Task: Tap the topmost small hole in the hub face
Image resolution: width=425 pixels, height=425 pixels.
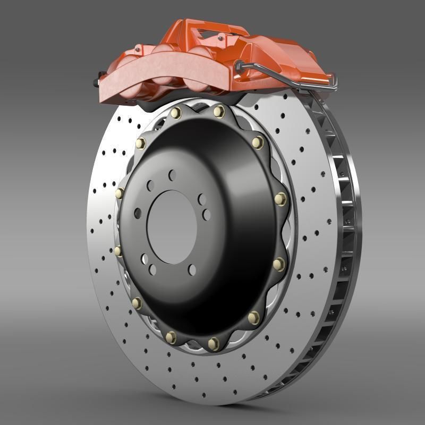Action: [172, 174]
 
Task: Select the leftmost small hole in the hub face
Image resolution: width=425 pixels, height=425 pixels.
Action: [138, 213]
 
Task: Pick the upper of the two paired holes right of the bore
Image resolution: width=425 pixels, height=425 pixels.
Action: [202, 199]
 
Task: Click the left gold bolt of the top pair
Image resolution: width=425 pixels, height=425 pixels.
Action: [176, 113]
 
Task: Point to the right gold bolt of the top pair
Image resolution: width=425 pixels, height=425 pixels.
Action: [219, 112]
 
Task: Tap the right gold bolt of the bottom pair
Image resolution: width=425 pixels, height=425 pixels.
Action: [214, 344]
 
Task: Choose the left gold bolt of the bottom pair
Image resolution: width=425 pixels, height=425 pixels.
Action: [171, 337]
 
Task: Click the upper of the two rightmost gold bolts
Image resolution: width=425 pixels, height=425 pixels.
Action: [280, 199]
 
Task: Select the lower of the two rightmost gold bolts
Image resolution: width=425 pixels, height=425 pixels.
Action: [279, 264]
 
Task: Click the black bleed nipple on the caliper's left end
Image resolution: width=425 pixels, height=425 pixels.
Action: [97, 82]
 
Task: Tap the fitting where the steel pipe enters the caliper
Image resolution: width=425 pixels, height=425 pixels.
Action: [239, 66]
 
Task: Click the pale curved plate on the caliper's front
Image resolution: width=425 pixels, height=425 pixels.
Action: [165, 74]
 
